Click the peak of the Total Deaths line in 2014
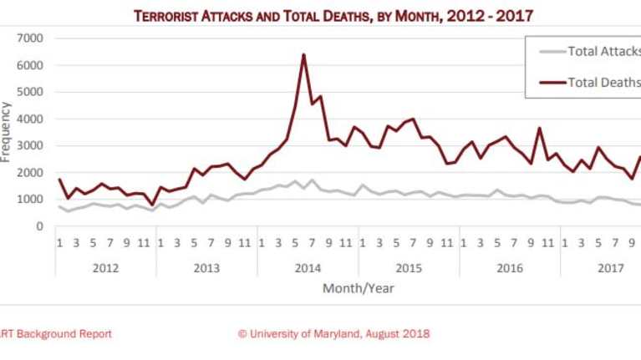point(303,55)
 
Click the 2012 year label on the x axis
point(105,267)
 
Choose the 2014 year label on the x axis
point(308,267)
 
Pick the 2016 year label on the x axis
point(510,267)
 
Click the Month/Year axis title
point(358,289)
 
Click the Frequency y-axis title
point(7,131)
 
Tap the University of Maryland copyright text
point(333,334)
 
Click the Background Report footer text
point(55,334)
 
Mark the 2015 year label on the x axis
point(409,267)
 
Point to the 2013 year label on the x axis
point(206,267)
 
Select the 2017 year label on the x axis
point(610,267)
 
